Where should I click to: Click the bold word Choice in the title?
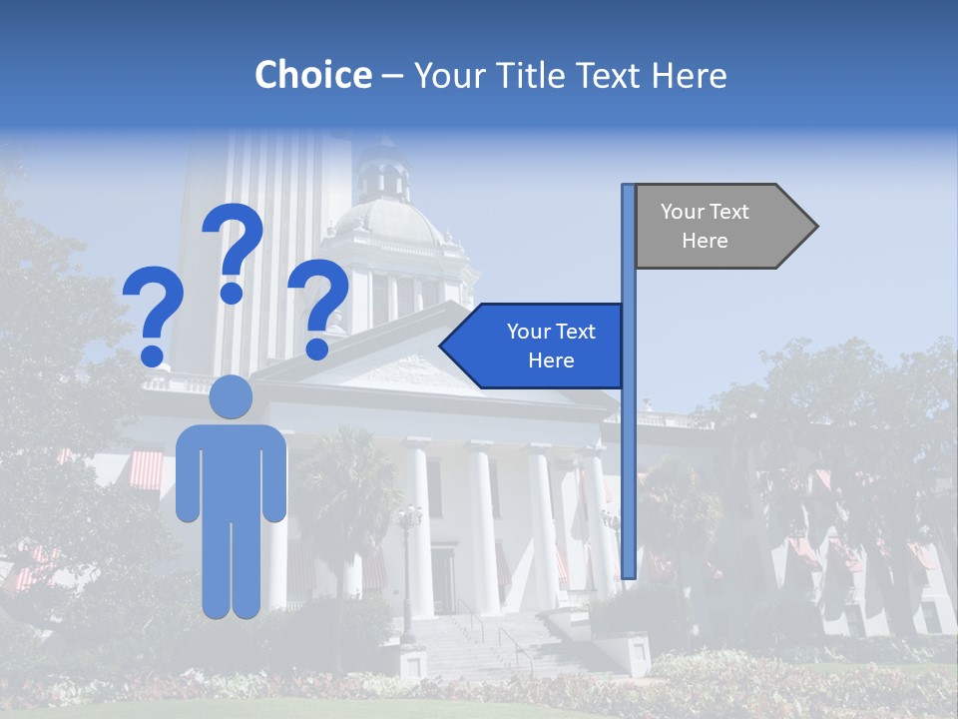point(312,75)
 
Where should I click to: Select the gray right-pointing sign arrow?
point(724,227)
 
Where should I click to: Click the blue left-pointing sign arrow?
point(534,346)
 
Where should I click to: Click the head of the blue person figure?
point(232,396)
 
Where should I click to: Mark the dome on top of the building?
point(388,215)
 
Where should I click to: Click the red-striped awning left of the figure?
point(146,469)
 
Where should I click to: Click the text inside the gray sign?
point(705,226)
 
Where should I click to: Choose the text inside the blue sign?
point(551,346)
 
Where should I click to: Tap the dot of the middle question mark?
point(233,293)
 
